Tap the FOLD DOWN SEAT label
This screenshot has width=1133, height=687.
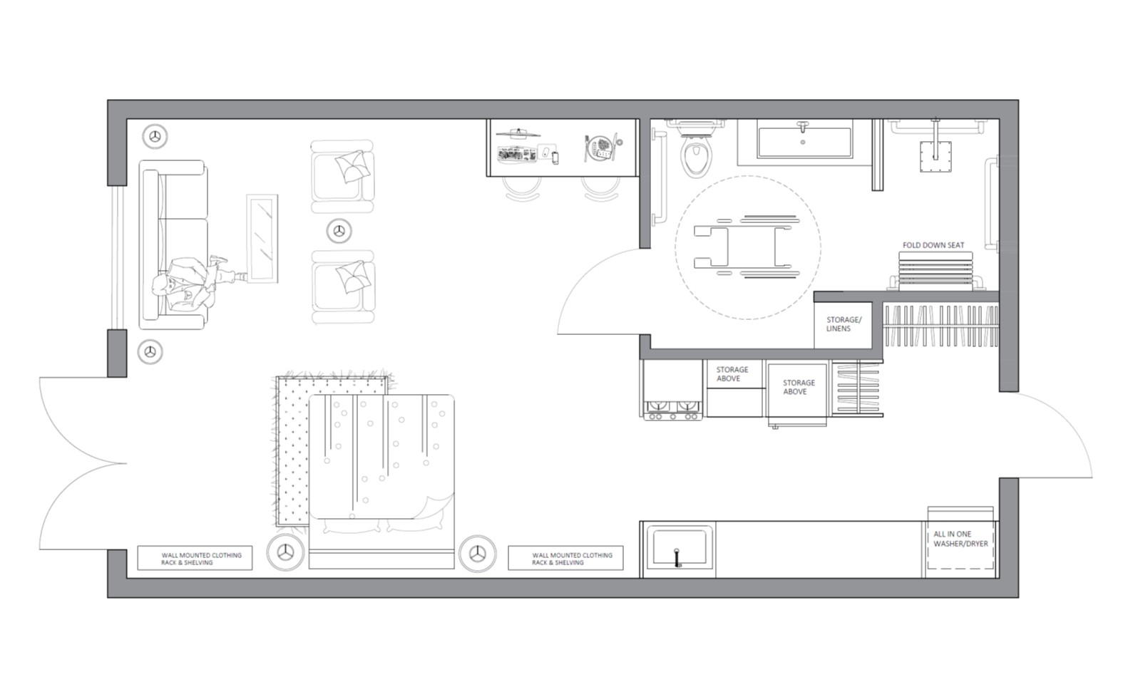[933, 245]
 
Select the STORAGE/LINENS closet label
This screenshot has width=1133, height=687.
[844, 324]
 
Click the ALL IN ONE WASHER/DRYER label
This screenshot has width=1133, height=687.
[960, 539]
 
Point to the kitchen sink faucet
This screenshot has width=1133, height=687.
[677, 557]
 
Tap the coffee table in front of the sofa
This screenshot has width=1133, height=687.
[262, 238]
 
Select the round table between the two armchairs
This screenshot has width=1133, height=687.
[339, 231]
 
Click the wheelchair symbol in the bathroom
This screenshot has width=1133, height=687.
[747, 247]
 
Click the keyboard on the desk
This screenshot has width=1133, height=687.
[516, 154]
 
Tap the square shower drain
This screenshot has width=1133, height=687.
[935, 157]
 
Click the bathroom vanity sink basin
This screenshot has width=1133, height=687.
[804, 142]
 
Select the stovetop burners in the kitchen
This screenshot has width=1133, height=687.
[672, 410]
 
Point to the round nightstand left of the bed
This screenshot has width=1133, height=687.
[286, 552]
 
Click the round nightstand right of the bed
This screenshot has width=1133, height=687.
[478, 554]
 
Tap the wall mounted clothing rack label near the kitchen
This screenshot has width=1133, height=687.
[572, 559]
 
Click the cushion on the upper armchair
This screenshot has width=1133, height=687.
[352, 166]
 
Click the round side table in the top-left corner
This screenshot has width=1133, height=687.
[155, 137]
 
